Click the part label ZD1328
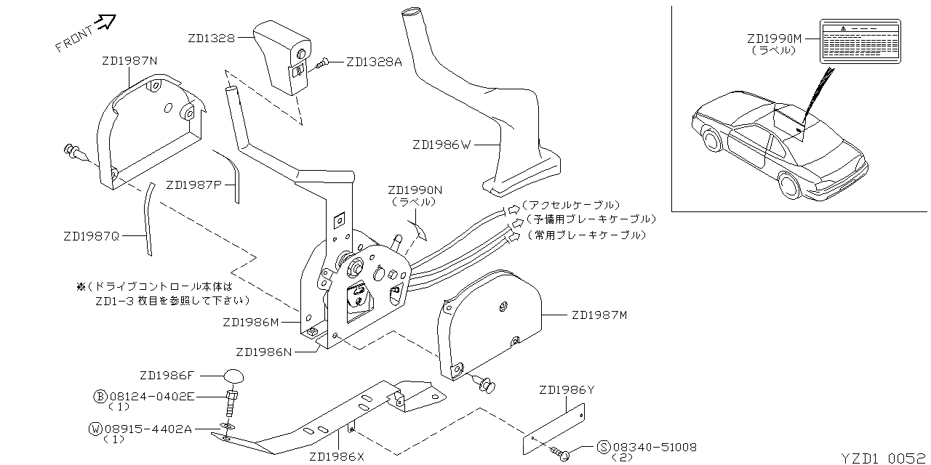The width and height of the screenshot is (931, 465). click(211, 38)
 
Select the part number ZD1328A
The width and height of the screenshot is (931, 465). click(374, 62)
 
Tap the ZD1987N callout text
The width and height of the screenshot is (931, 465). click(129, 61)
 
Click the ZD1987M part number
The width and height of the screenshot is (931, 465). click(599, 315)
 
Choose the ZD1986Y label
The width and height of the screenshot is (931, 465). click(567, 390)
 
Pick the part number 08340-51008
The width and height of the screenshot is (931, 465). click(655, 447)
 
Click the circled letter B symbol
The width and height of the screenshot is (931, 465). click(101, 397)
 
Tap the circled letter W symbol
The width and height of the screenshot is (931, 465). click(95, 429)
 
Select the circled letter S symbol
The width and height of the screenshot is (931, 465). click(603, 447)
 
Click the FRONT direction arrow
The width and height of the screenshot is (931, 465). click(106, 23)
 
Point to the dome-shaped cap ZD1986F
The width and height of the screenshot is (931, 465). click(233, 376)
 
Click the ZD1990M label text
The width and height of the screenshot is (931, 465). click(774, 39)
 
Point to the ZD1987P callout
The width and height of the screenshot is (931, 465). click(193, 185)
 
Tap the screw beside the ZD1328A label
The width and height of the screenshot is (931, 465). click(324, 63)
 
